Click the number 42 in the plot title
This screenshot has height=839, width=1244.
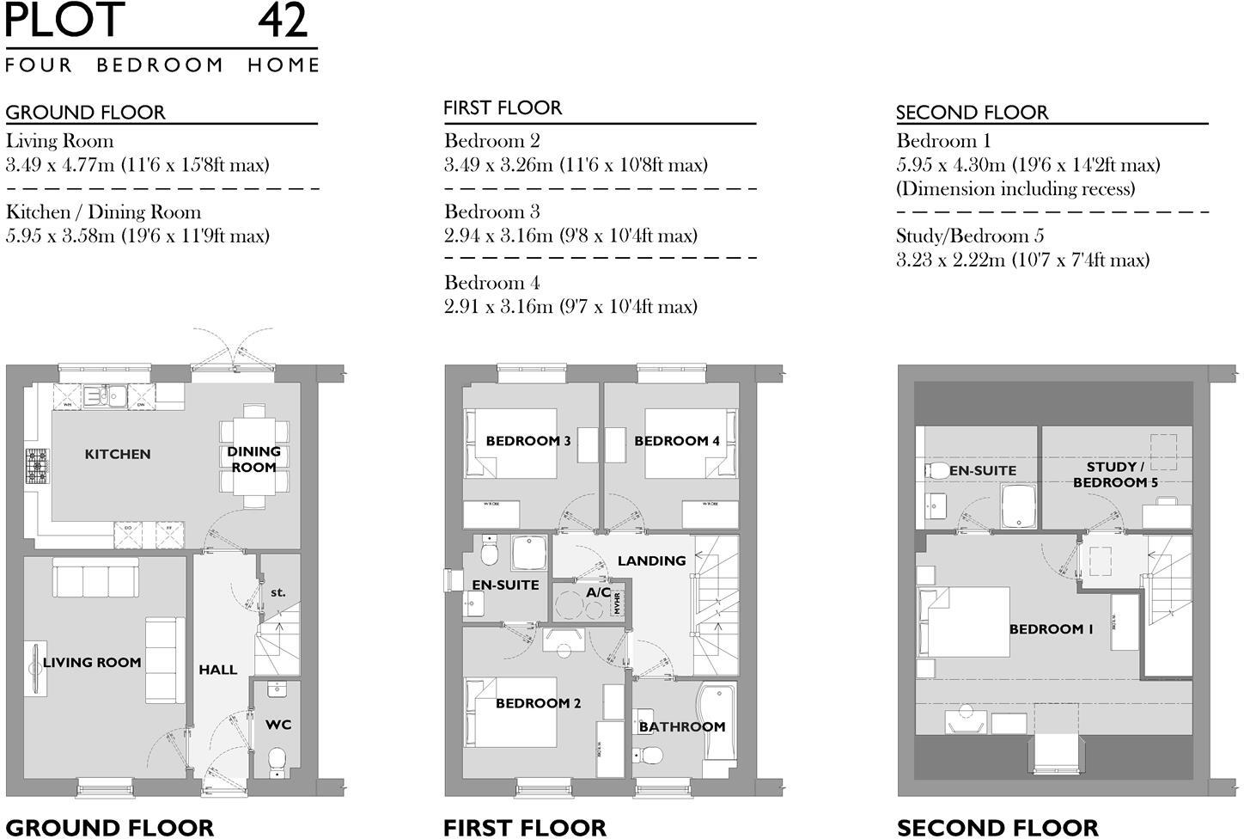(x=282, y=21)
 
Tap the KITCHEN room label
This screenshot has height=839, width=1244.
(x=118, y=454)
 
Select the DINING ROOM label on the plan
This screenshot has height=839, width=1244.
(x=253, y=459)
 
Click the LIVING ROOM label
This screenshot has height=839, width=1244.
(x=92, y=662)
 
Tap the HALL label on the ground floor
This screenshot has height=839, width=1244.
(x=218, y=670)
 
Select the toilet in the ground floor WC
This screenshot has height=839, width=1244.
(x=277, y=759)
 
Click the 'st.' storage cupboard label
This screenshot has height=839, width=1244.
(x=277, y=592)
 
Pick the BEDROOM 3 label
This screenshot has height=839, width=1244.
(x=528, y=441)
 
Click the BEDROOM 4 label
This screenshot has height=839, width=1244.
(x=677, y=441)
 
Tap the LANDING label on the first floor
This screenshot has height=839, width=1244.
(x=651, y=560)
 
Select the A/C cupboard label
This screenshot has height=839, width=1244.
(x=598, y=592)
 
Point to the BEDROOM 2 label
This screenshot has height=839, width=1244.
(x=538, y=703)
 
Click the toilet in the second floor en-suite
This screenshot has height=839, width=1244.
(x=937, y=470)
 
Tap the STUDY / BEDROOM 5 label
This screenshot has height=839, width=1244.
(x=1115, y=475)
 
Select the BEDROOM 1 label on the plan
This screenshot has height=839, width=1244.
(x=1051, y=629)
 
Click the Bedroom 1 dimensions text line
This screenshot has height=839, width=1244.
(x=1028, y=165)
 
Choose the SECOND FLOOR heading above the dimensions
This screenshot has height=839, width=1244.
(x=972, y=113)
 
